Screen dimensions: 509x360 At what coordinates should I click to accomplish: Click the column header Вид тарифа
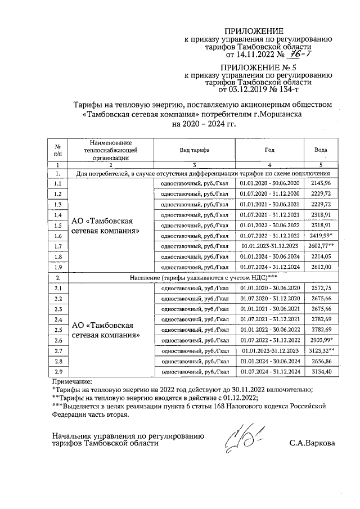coord(195,150)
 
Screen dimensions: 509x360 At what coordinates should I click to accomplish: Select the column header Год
coord(269,150)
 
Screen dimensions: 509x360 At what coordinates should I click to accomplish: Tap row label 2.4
coord(57,319)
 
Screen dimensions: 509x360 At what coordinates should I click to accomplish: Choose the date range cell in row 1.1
coord(269,183)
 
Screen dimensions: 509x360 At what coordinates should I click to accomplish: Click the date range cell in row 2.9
coord(269,372)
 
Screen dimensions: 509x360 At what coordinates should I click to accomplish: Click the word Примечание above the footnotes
coord(73,381)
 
